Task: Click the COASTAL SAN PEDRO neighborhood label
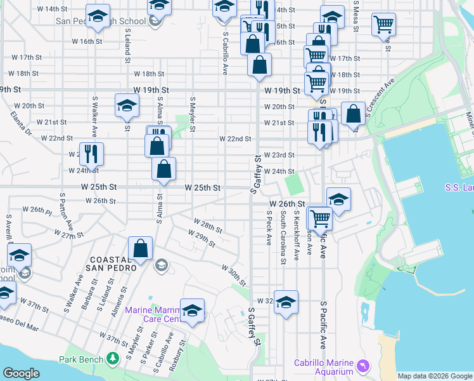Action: coord(113,264)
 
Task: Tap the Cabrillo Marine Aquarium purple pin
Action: coord(363,366)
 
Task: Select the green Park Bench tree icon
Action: coord(113,359)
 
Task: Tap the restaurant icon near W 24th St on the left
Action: coord(91,153)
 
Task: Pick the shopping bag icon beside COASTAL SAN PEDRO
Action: coord(140,248)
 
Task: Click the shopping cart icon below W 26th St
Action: coord(321,218)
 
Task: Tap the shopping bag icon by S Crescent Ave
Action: coord(354,113)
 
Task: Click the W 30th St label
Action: coord(234,276)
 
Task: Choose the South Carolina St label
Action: coord(283,239)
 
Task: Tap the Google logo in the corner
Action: coord(21,373)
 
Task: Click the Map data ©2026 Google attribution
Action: coord(435,376)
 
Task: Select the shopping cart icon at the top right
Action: coord(383,25)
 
